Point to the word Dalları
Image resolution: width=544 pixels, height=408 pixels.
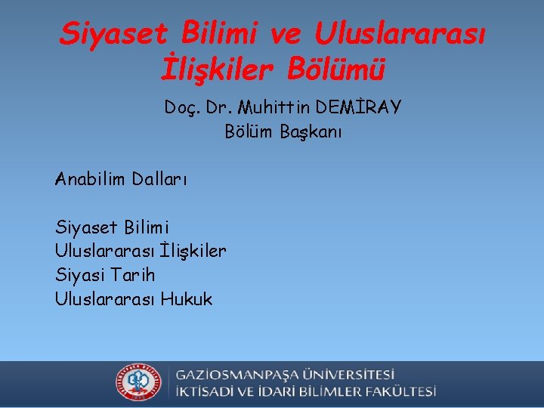[x=159, y=179]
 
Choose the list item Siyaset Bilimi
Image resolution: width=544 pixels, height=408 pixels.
[x=112, y=227]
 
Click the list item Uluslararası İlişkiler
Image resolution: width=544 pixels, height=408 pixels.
[x=141, y=251]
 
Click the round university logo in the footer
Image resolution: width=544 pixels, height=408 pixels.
[x=138, y=385]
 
